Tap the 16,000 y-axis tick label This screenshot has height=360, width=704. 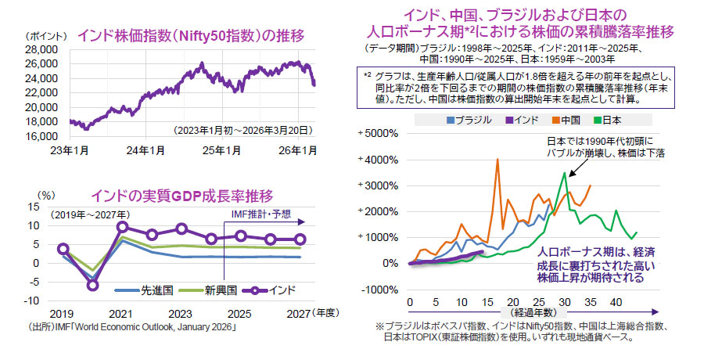pos(43,136)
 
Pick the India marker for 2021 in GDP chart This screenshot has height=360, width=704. pos(122,227)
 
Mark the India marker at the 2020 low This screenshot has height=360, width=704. pos(92,285)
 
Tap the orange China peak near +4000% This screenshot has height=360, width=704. pos(497,160)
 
